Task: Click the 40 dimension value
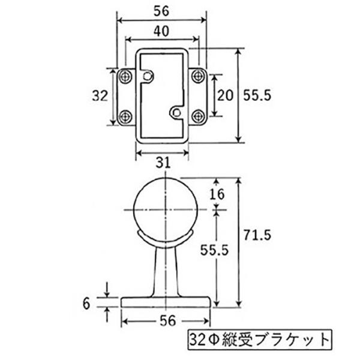161,31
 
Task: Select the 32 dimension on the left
100,95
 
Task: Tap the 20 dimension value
225,95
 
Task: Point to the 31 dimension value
163,163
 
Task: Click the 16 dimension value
217,194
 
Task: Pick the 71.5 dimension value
257,235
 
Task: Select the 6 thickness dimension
86,304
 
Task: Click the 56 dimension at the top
161,11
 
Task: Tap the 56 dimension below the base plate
168,320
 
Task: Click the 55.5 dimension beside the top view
257,95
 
